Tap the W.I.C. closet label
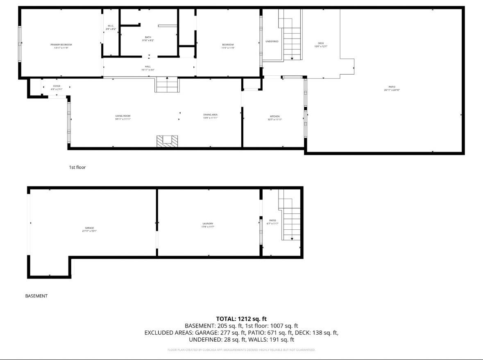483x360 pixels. [111, 27]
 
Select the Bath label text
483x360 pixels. [148, 38]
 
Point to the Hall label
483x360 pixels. [148, 68]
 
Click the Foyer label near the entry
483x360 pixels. [57, 87]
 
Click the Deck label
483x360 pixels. [321, 45]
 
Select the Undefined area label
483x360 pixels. [272, 41]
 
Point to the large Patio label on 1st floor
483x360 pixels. [392, 88]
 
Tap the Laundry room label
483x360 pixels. [208, 225]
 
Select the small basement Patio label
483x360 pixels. [272, 222]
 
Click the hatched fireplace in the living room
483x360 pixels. [168, 141]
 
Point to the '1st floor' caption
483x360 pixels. [77, 167]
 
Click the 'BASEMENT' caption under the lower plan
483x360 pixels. [36, 296]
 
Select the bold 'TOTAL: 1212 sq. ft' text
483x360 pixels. [241, 319]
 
